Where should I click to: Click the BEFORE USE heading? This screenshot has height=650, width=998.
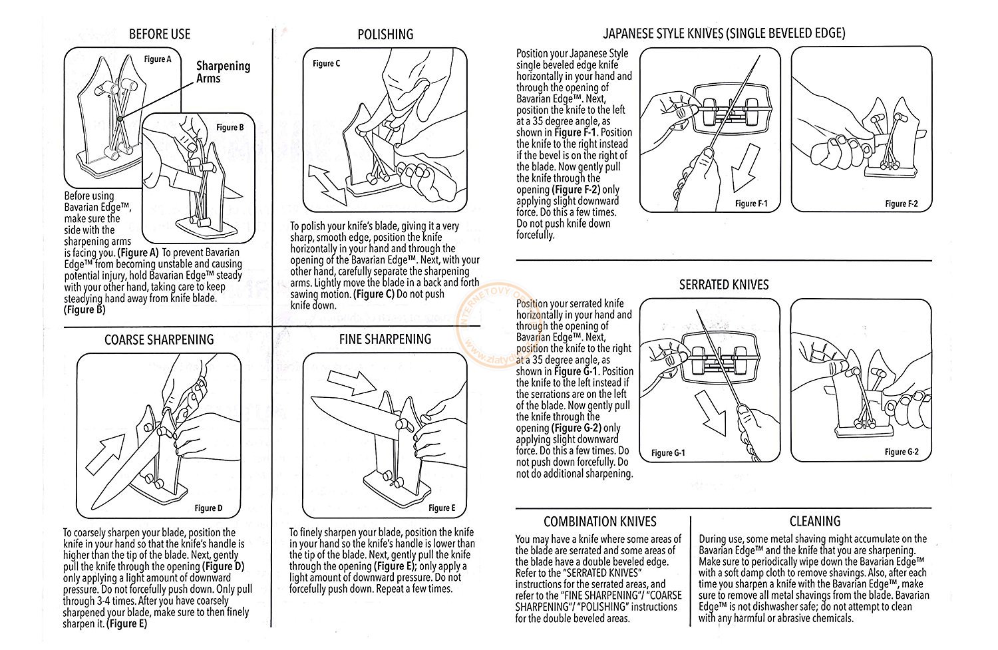(x=160, y=34)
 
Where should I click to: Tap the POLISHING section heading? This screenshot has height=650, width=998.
(x=385, y=34)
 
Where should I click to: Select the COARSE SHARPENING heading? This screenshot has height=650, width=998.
(x=159, y=339)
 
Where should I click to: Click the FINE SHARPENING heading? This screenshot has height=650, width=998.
(x=385, y=339)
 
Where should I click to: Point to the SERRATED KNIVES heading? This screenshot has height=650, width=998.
(x=724, y=285)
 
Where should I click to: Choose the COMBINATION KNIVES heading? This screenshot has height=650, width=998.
(x=600, y=522)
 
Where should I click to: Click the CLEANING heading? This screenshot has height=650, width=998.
(x=815, y=522)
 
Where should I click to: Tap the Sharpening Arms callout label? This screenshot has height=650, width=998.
(x=223, y=72)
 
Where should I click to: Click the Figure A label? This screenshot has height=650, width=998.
(x=158, y=59)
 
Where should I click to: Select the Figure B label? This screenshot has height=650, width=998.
(x=230, y=127)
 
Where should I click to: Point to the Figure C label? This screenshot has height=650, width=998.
(x=327, y=63)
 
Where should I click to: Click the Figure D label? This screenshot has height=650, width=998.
(x=208, y=508)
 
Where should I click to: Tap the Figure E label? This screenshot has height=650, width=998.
(x=442, y=508)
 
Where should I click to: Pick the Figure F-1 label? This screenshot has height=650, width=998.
(x=751, y=204)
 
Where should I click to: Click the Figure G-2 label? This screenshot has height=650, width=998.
(x=902, y=452)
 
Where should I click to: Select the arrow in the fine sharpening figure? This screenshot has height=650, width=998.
(x=352, y=383)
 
